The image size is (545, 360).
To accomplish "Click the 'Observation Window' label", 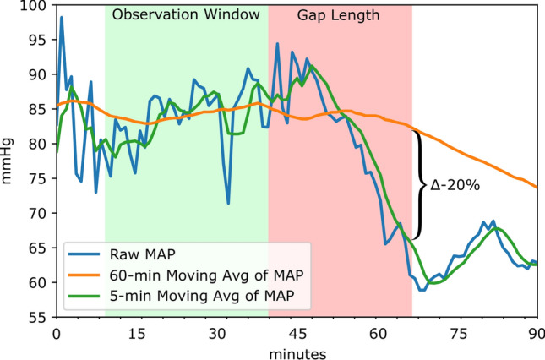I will [x=186, y=16].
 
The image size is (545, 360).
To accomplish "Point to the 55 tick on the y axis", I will [x=40, y=318].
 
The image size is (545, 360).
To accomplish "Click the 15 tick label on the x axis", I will [x=136, y=332].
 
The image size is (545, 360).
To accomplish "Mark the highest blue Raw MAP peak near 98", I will [x=61, y=17].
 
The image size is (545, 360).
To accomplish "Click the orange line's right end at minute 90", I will [x=537, y=187].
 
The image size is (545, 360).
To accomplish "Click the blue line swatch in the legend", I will [x=89, y=250].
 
